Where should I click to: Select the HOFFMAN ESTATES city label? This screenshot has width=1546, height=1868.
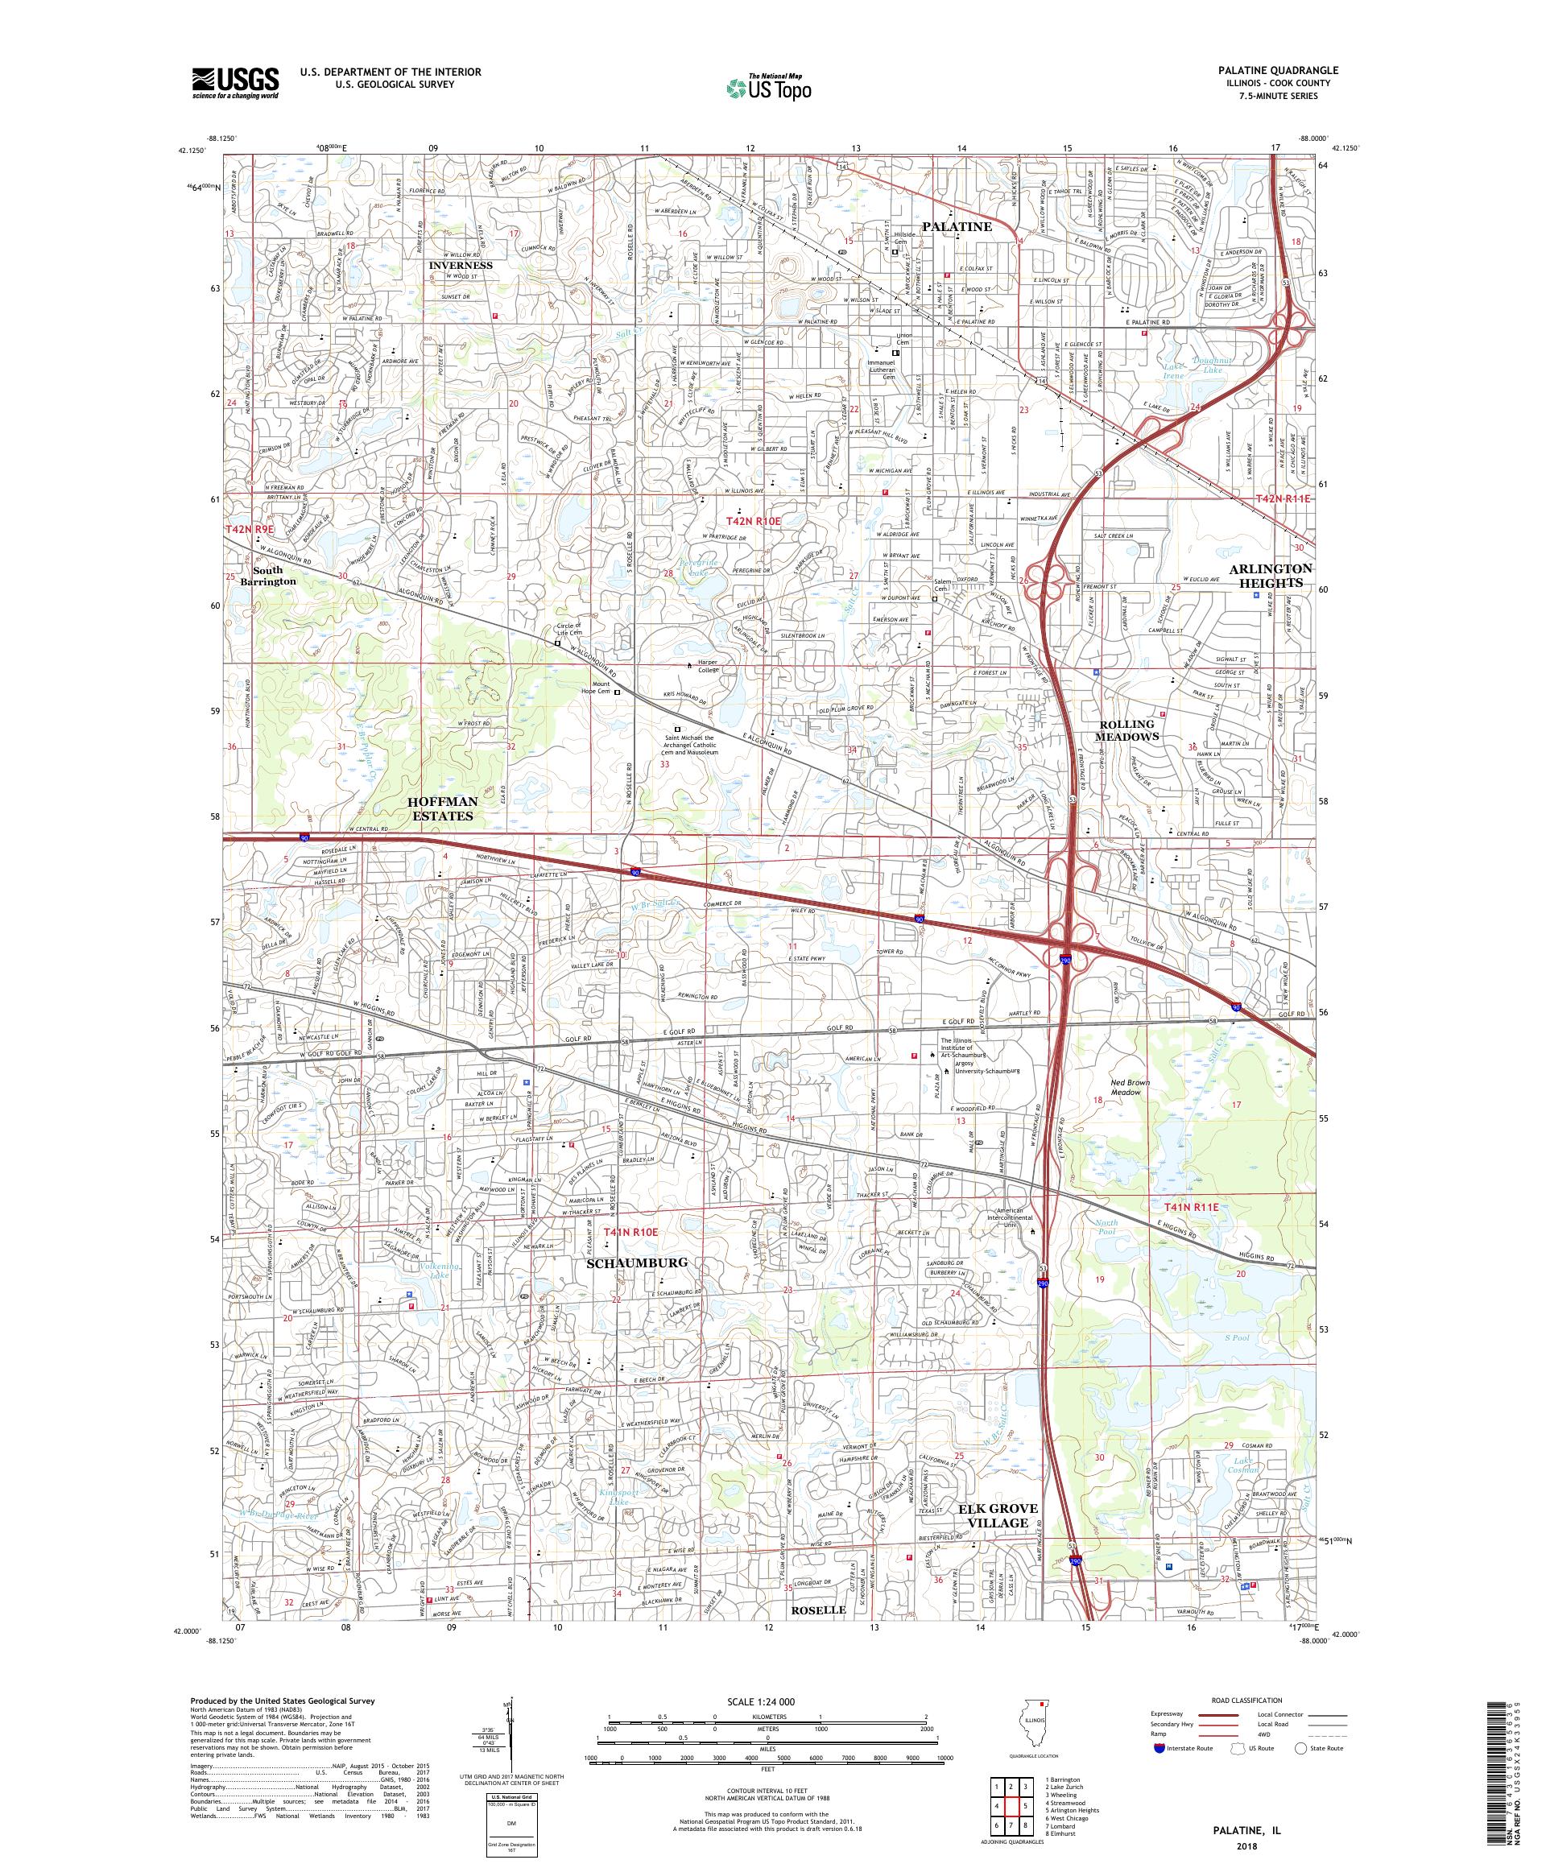(442, 808)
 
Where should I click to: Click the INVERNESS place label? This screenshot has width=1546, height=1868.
(460, 265)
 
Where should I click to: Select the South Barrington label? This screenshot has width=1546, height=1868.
(273, 575)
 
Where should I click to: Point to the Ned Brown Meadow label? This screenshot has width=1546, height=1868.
(1130, 1088)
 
